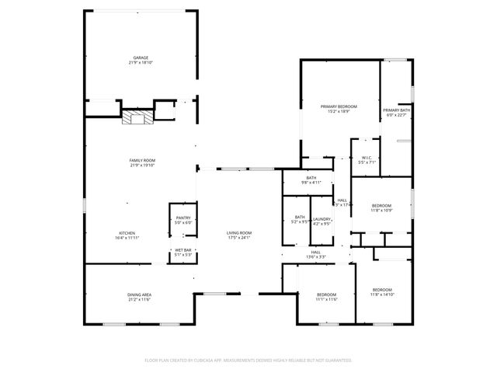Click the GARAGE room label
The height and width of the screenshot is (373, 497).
point(140,58)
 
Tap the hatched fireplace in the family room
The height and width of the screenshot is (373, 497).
point(138,117)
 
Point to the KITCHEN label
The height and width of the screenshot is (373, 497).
point(127,233)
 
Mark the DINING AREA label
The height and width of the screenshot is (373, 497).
point(139,295)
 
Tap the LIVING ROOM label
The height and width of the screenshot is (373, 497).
point(239,233)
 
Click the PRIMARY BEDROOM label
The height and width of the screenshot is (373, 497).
point(339,106)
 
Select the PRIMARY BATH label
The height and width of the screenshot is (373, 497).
point(395,110)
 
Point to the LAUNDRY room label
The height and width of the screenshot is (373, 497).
point(322,220)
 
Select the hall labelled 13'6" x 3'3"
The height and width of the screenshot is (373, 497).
point(316,253)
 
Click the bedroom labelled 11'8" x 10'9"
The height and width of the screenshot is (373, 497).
point(381,206)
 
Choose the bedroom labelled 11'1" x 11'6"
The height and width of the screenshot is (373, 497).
point(326,296)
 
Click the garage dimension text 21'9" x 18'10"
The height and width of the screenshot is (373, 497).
point(140,62)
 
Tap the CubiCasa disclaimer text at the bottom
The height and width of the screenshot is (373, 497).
point(248,361)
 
